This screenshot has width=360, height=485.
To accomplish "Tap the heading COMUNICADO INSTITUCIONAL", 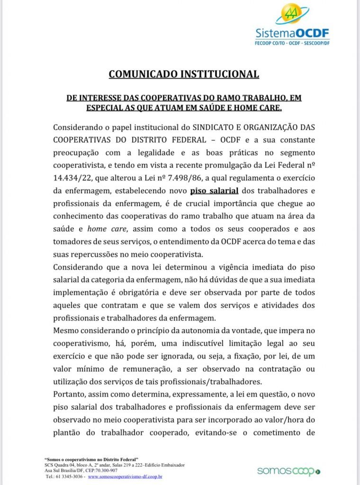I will pos(184,74).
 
